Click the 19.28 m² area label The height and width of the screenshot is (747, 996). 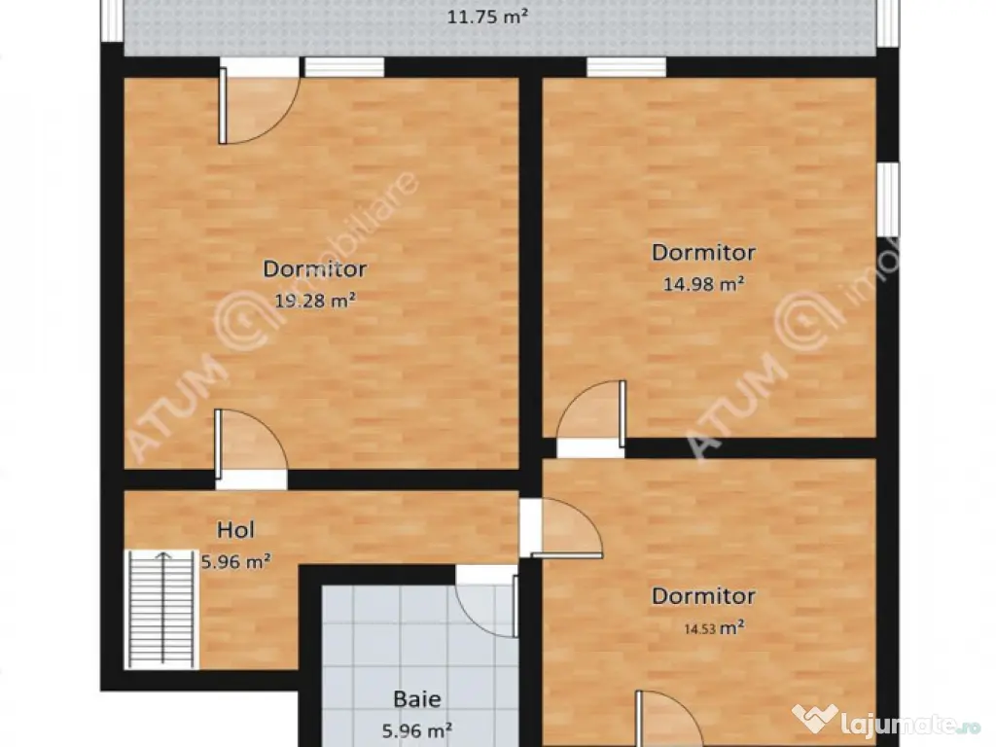pos(315,300)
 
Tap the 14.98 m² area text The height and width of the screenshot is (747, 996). pos(704,283)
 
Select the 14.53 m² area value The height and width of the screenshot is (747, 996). pos(714,628)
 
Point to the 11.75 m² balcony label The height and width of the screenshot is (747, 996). pos(488,17)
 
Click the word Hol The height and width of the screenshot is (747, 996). pos(235,530)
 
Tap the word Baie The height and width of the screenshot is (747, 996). pos(417,699)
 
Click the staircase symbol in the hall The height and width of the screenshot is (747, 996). pos(162,610)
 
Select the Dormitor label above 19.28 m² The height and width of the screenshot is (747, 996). pos(315,268)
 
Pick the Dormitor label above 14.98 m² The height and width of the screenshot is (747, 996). pos(704,252)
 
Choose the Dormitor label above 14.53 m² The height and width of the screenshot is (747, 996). pos(704,596)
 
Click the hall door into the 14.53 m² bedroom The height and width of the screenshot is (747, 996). pos(561,528)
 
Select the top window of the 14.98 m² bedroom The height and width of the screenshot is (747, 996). pos(626,67)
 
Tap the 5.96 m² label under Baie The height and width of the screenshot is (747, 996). pos(417,730)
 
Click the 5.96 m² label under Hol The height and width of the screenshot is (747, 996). pos(236,561)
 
